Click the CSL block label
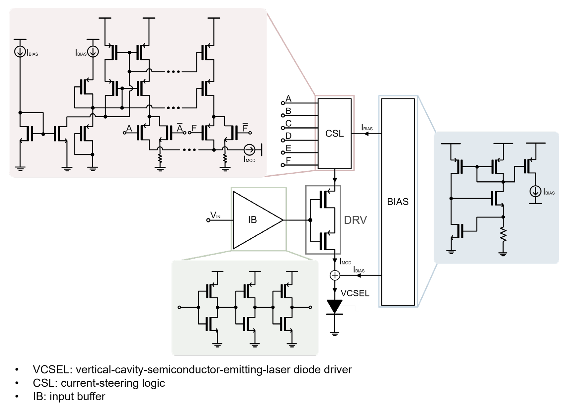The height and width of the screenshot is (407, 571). tap(334, 134)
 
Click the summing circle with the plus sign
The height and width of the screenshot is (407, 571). tap(335, 275)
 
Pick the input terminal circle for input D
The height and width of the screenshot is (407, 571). tap(283, 140)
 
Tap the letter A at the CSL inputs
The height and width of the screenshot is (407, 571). tap(288, 99)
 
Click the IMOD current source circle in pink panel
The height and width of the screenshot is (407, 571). tap(249, 150)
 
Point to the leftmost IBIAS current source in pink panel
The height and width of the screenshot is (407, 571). tap(20, 52)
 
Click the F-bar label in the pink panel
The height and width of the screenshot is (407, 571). tap(245, 128)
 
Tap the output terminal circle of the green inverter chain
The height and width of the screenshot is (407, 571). tap(310, 307)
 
